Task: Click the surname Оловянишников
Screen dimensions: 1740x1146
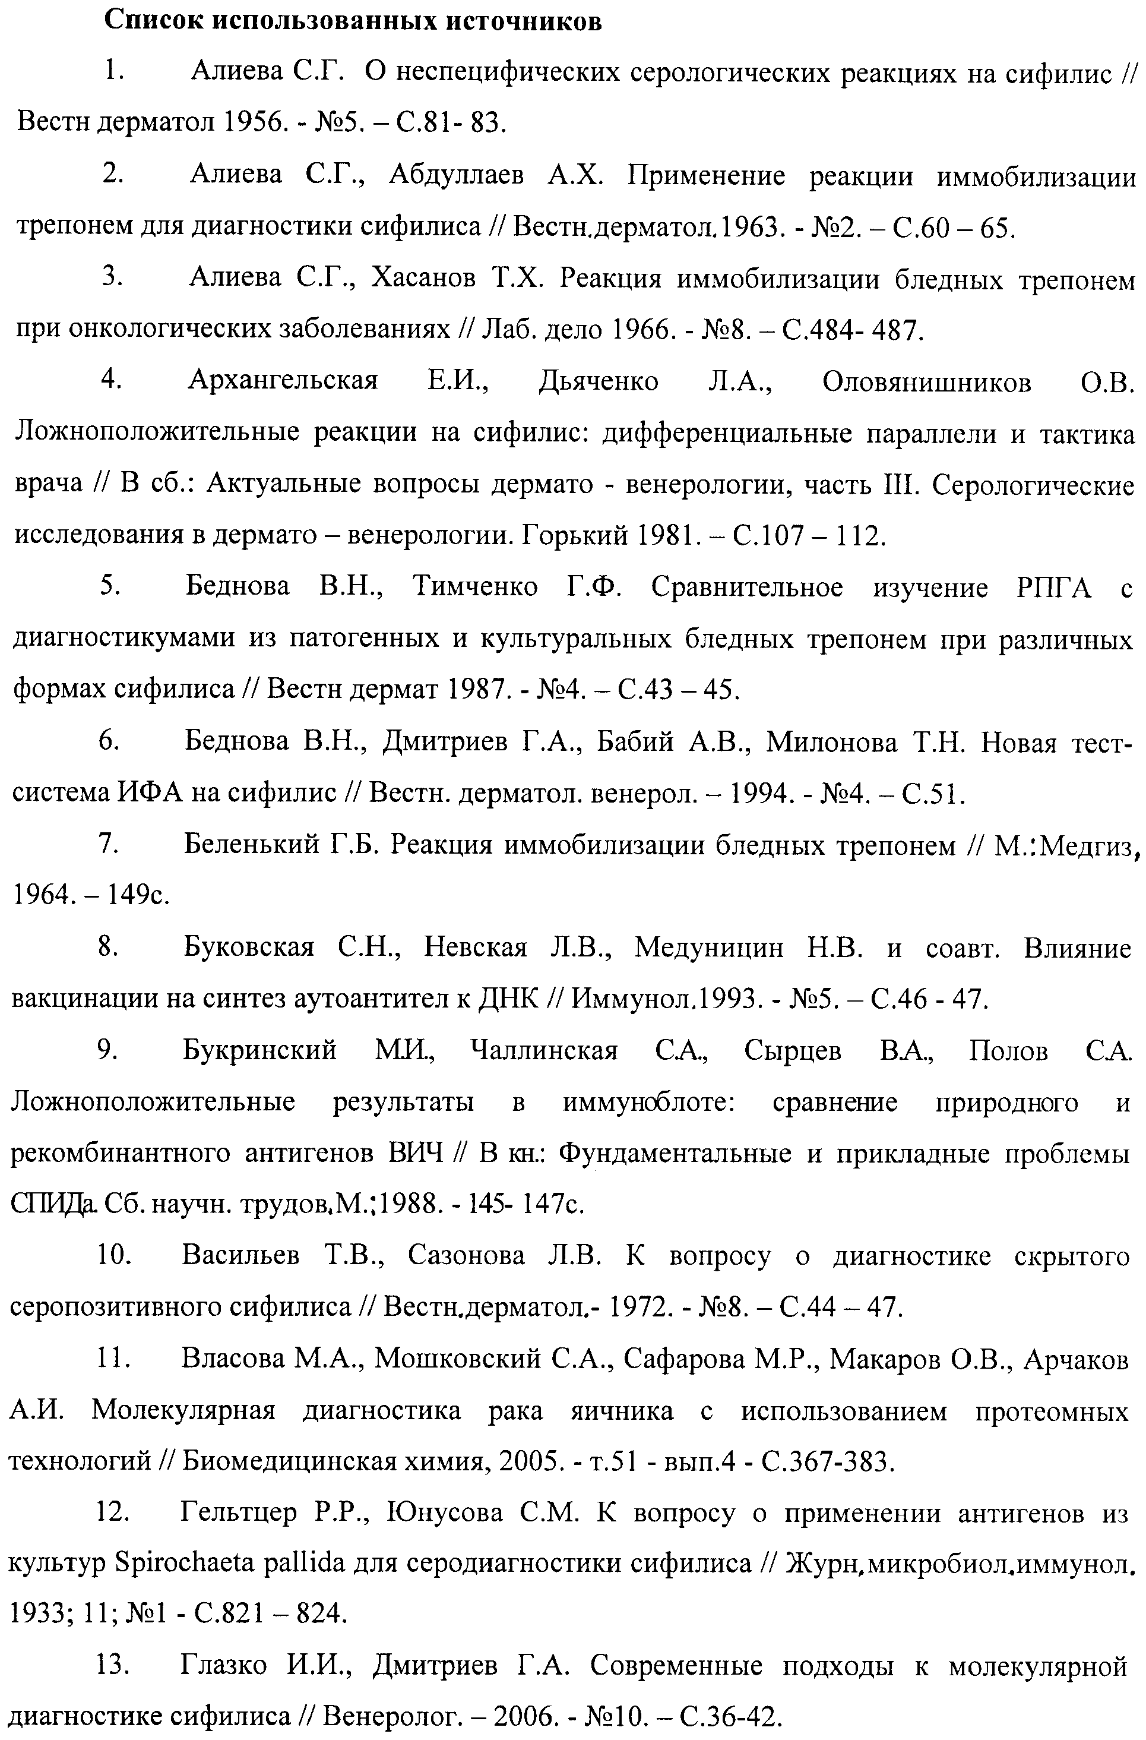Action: tap(927, 381)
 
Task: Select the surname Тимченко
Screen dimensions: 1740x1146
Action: tap(475, 587)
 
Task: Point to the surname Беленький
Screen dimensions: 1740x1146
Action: tap(251, 845)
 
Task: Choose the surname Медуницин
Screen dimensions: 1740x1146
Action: tap(709, 948)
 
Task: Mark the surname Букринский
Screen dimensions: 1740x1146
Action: tap(259, 1050)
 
